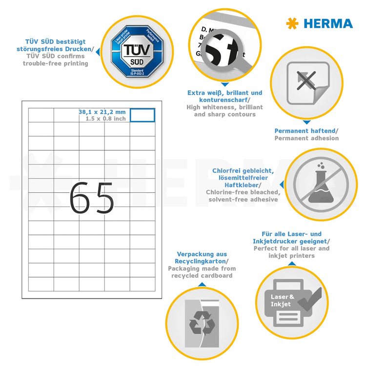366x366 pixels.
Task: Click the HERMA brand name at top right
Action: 328,23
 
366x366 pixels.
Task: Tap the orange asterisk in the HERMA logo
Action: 292,23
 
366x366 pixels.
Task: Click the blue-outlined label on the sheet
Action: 142,115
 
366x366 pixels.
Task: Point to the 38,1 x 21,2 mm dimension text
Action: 102,112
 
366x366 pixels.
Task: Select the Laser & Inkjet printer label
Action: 283,300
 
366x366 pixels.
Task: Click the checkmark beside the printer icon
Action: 309,298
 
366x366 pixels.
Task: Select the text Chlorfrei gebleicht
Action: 242,171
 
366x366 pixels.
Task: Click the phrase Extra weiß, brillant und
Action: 225,93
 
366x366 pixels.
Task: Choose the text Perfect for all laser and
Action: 291,248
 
